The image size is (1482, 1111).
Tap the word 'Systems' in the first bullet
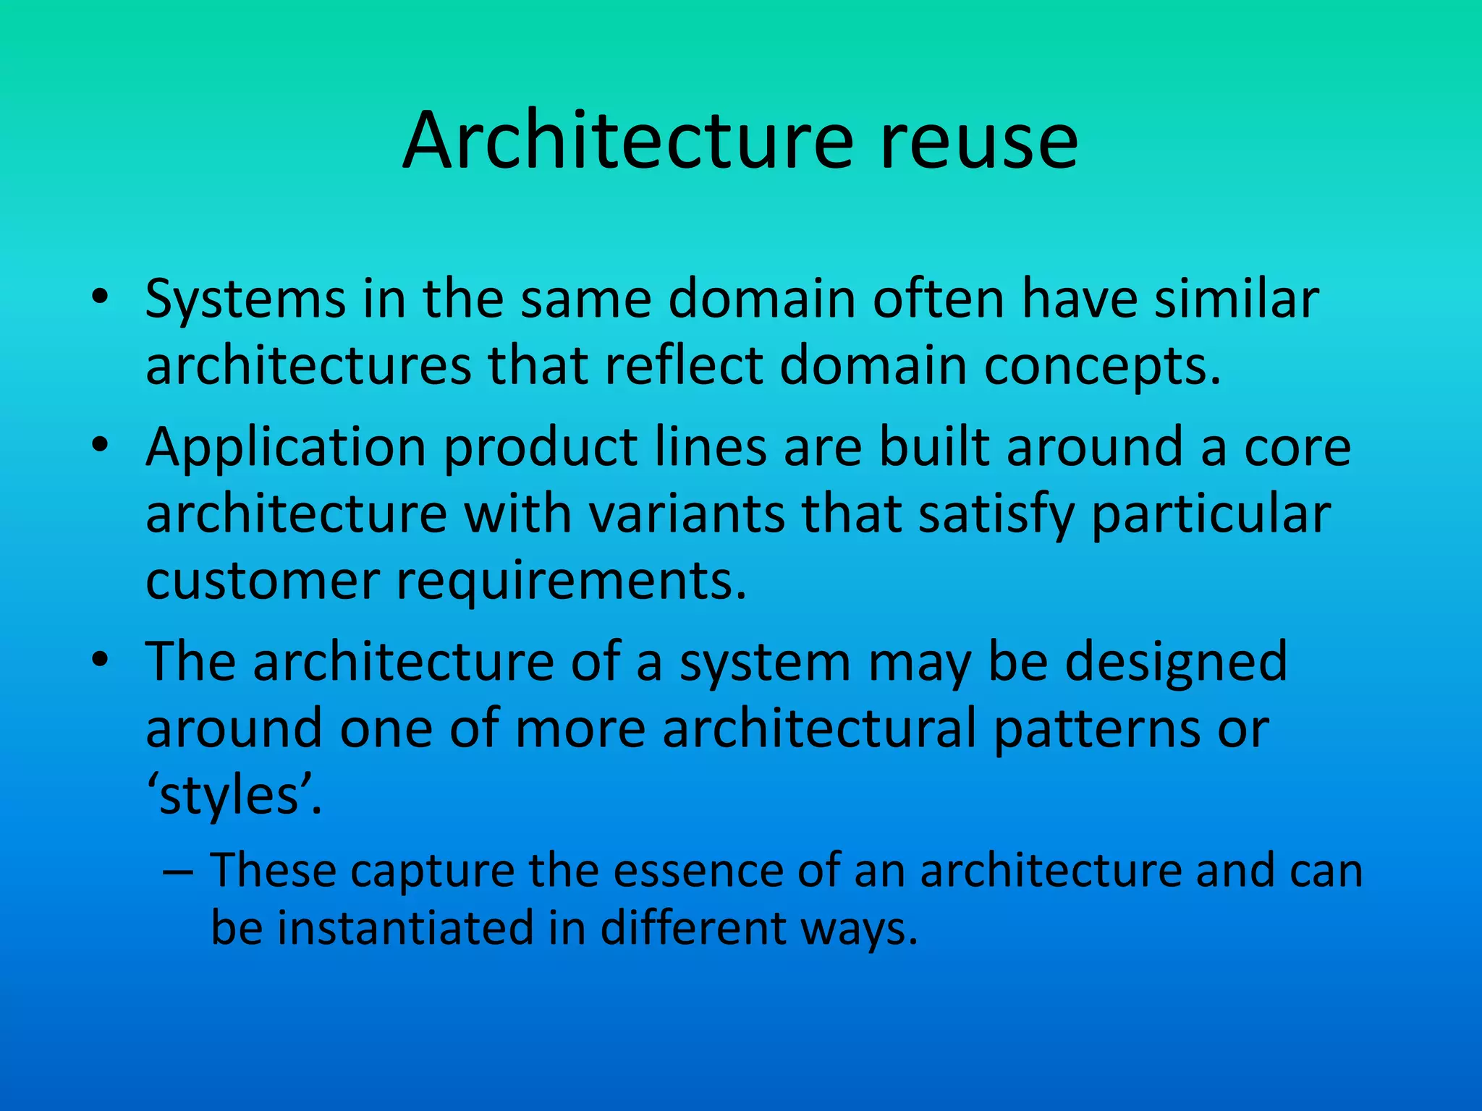coord(245,299)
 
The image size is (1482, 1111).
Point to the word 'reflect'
coord(683,365)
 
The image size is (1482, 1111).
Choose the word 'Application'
coord(286,448)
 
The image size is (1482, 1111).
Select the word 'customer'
coord(263,581)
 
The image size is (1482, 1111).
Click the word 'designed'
coord(1176,663)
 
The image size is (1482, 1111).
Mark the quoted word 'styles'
coord(229,796)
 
